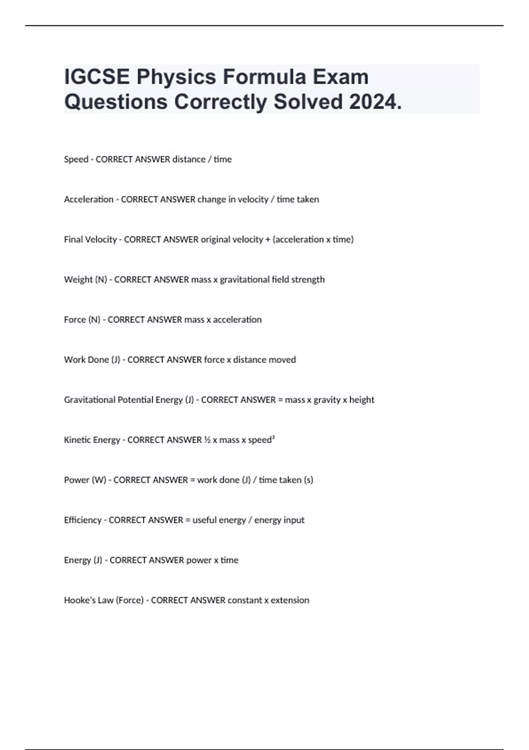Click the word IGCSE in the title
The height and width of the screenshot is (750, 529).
click(97, 77)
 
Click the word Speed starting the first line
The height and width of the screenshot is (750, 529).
click(76, 159)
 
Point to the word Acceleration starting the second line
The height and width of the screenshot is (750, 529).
click(89, 199)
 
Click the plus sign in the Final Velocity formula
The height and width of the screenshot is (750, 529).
click(268, 240)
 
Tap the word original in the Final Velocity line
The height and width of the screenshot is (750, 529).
click(215, 240)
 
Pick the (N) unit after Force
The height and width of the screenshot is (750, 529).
click(94, 320)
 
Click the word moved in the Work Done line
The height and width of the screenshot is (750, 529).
click(282, 360)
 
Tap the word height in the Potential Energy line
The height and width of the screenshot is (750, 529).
click(361, 400)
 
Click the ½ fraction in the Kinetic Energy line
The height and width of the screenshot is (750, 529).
click(207, 440)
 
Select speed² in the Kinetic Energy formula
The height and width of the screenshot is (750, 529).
click(261, 440)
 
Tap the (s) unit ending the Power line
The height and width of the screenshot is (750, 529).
click(309, 480)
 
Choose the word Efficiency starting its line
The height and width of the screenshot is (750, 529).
click(82, 520)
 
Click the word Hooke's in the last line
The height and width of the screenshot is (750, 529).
click(76, 600)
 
